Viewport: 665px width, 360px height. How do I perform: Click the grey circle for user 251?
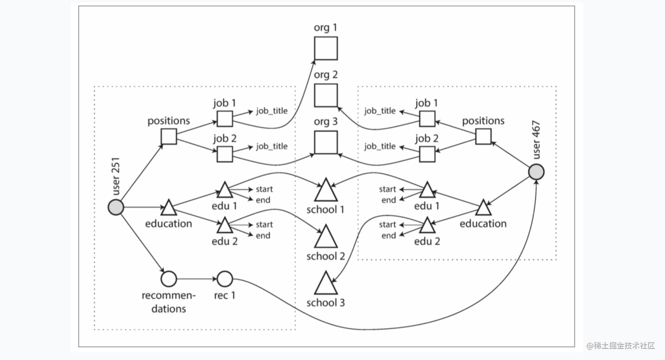pos(116,207)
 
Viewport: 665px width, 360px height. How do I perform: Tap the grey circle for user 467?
pos(536,172)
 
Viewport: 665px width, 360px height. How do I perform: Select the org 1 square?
pos(326,48)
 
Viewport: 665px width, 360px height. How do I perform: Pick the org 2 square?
pos(326,95)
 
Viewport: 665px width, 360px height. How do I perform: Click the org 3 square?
pos(326,142)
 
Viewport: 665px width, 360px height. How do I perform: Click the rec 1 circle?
pos(225,279)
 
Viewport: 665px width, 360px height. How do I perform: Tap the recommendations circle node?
pos(169,279)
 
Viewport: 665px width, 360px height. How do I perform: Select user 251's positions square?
pos(169,136)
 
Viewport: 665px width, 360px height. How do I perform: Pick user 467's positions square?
pos(483,136)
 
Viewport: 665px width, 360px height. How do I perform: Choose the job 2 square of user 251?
pos(225,154)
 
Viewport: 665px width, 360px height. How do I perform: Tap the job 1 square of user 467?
pos(427,119)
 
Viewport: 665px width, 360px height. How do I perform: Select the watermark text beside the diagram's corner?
pos(621,346)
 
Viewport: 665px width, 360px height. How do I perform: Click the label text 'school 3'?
pos(326,303)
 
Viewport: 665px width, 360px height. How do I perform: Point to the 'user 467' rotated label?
pos(536,140)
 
